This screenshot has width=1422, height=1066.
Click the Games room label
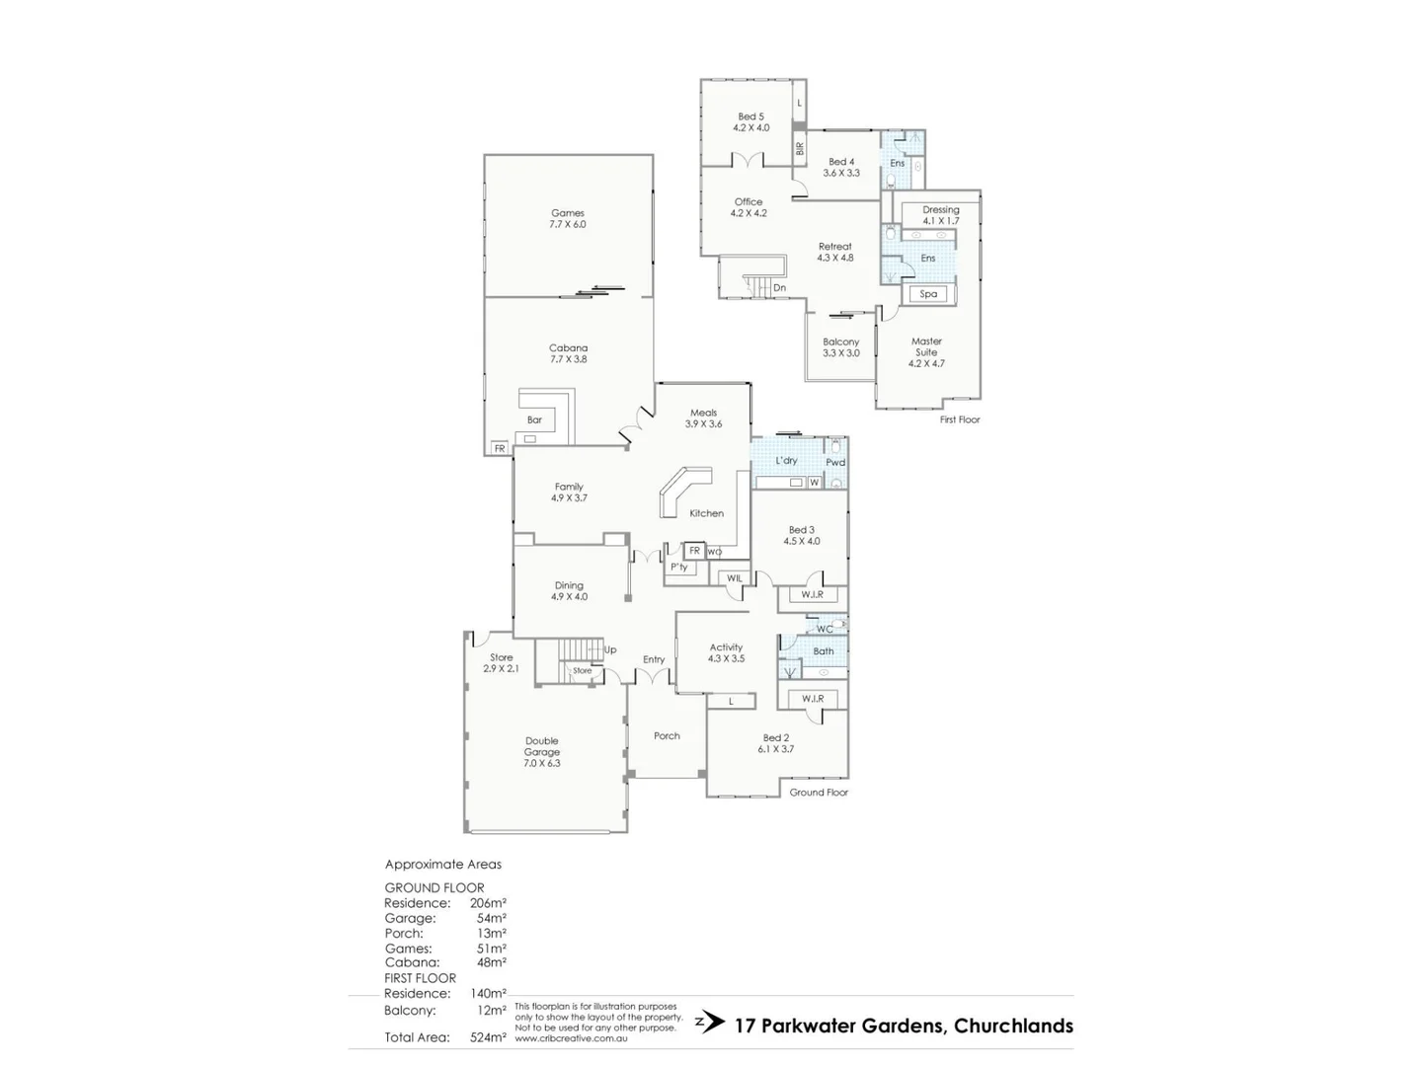coord(568,218)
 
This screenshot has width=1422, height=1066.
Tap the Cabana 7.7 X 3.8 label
coord(568,353)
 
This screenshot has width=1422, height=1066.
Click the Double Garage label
coord(541,751)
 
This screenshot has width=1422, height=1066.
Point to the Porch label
coord(667,735)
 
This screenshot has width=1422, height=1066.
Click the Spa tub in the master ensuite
coord(928,294)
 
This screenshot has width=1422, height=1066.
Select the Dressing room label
coord(940,215)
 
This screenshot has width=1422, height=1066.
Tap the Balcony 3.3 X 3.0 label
coord(840,347)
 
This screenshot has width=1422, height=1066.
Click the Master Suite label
coord(926,352)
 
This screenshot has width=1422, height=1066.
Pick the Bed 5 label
coord(750,122)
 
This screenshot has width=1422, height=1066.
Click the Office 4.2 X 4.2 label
coord(748,207)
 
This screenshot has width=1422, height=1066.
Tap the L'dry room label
coord(786,460)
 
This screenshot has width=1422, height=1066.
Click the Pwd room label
coord(835,462)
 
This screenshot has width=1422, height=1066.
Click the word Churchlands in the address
coord(1013,1026)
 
